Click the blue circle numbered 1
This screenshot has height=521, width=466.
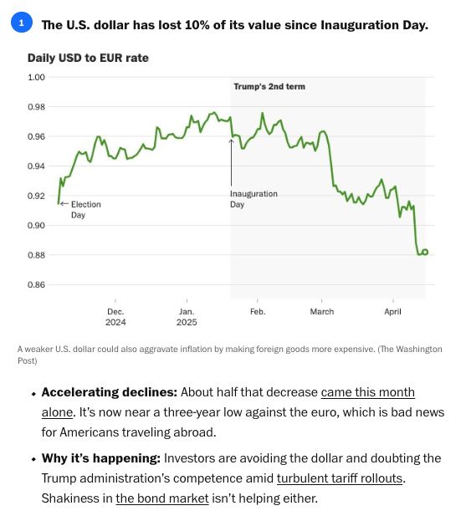point(22,23)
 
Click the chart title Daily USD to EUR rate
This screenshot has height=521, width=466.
point(88,59)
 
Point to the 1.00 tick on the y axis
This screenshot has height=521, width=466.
point(36,78)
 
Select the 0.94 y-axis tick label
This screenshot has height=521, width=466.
point(36,166)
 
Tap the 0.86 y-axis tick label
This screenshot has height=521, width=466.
point(36,285)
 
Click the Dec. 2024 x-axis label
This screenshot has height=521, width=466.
point(115,317)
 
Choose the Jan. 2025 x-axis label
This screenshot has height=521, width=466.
point(187,317)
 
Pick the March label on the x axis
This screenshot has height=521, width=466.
point(322,312)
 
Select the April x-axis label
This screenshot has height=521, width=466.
point(393,312)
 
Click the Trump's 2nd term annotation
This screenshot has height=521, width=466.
point(269,87)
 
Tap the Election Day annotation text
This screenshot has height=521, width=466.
point(86,210)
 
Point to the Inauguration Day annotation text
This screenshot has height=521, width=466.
point(253,199)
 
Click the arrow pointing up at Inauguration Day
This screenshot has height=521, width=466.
point(232,162)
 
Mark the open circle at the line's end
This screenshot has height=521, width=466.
point(425,253)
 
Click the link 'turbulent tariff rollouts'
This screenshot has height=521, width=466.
point(340,478)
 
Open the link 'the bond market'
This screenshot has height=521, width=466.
point(162,498)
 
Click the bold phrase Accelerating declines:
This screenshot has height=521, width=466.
point(110,392)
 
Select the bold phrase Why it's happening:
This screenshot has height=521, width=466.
point(101,458)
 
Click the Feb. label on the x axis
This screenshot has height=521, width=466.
point(258,312)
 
